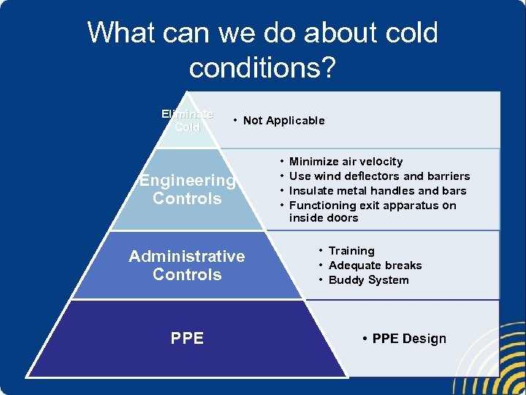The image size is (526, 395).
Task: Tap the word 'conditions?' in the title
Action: point(262,68)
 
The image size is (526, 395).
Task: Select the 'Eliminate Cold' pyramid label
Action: point(187,120)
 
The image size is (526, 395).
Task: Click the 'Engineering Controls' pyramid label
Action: point(187,189)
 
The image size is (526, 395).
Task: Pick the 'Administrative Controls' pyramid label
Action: point(187,265)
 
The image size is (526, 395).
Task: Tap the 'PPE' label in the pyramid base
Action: point(187,338)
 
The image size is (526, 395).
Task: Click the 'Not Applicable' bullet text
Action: point(283,121)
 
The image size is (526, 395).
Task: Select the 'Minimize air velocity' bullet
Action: point(346,162)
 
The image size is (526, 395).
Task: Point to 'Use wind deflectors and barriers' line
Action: point(379,176)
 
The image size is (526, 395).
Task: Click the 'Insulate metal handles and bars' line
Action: point(377,191)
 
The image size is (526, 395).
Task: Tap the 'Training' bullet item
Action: point(351,251)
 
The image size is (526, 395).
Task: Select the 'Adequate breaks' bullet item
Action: point(375,266)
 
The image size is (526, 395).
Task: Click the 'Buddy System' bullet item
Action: point(368,280)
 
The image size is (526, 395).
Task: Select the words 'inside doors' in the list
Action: point(324,218)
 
